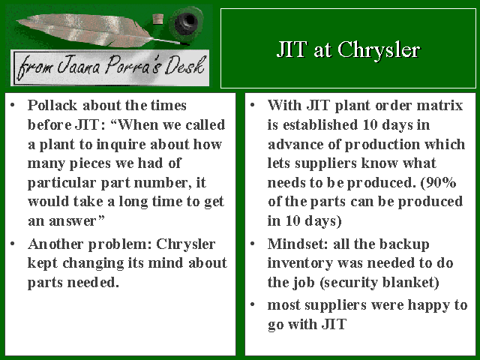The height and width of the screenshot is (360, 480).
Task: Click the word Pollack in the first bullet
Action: coord(52,105)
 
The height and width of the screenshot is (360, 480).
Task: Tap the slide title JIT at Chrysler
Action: coord(348,49)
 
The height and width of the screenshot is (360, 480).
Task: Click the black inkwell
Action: coord(186,23)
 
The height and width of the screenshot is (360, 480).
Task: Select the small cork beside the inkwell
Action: coord(158,19)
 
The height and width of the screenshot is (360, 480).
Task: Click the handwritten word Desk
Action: coord(185,65)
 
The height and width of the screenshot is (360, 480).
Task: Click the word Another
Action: coord(55,244)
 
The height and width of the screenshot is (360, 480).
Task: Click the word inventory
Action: coord(300,264)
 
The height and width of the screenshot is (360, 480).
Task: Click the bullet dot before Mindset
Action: coord(253,244)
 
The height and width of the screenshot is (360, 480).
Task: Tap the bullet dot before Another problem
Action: coord(13,244)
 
